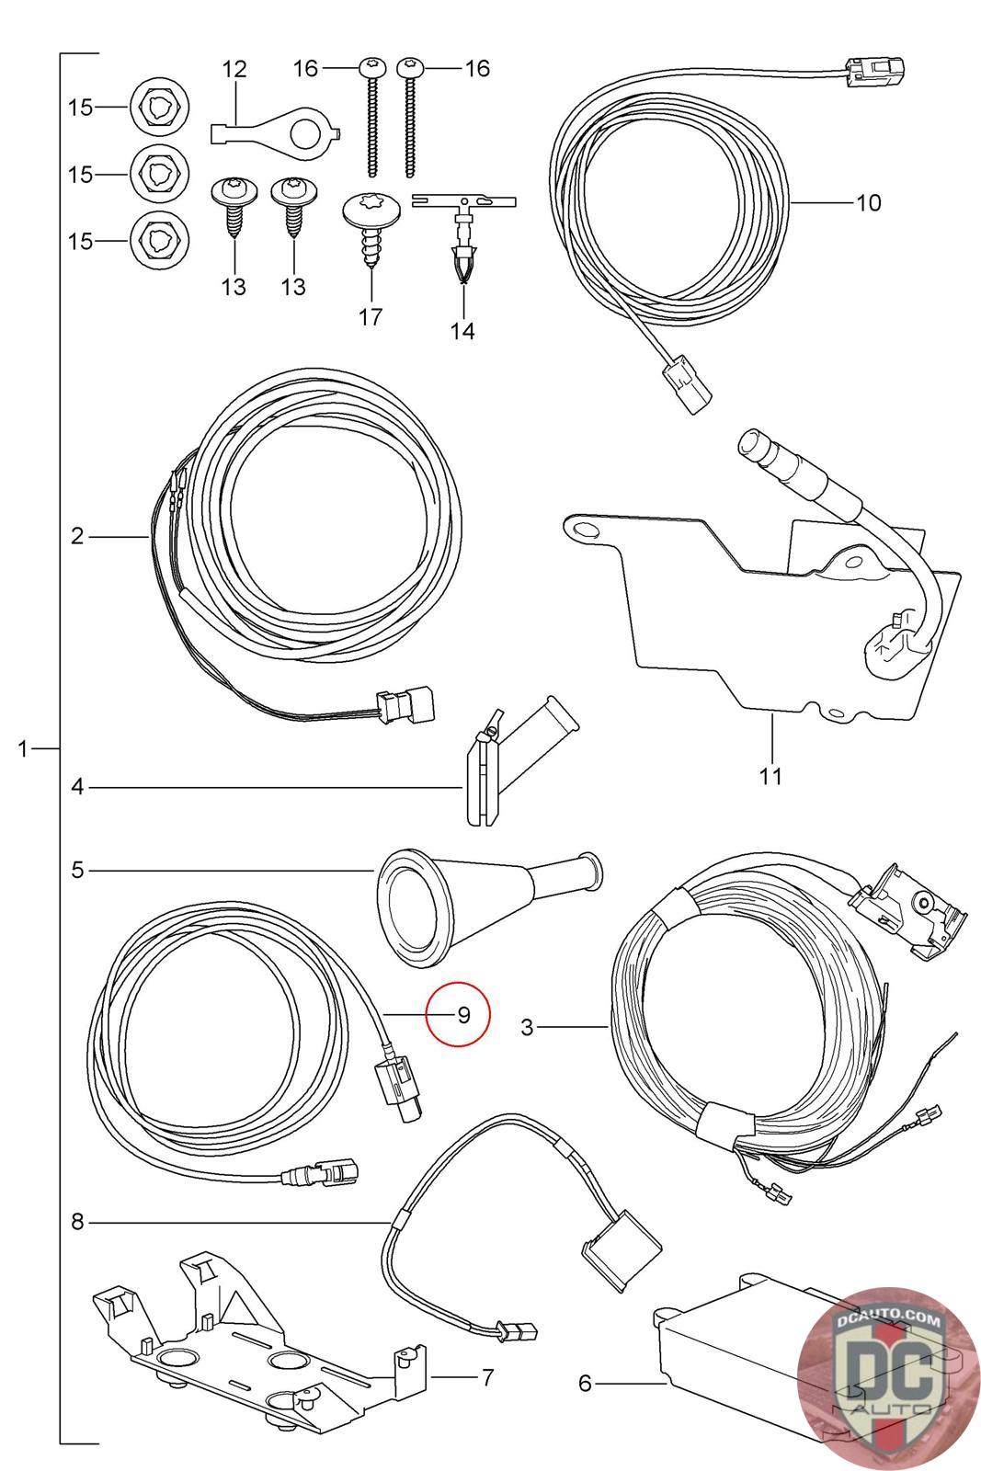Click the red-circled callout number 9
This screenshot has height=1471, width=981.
(463, 1015)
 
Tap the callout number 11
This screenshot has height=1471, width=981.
(770, 776)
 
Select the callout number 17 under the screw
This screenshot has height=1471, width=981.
(370, 317)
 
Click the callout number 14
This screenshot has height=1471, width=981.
(462, 331)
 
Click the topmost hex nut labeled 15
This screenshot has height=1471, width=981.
(160, 108)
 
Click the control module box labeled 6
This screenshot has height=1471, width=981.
(736, 1361)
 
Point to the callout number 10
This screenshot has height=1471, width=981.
(868, 202)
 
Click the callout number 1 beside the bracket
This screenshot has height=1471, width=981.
(24, 748)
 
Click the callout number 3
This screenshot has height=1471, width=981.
(527, 1027)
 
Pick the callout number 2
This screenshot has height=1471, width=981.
(77, 535)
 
